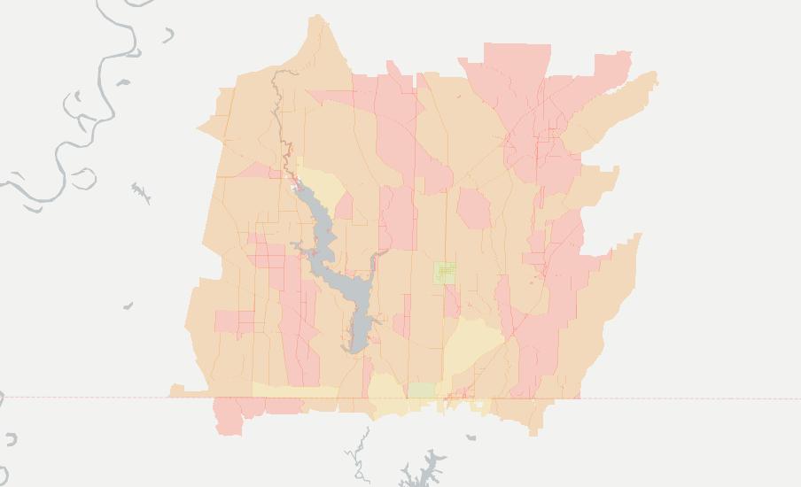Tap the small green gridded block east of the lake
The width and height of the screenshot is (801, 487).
click(445, 273)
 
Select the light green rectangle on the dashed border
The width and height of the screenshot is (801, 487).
click(421, 390)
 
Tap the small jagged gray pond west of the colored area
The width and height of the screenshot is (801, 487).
click(140, 192)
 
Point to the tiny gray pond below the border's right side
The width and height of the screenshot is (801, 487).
click(471, 437)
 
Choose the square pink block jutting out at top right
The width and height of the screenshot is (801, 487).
click(611, 66)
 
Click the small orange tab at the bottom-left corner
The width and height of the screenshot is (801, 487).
click(176, 390)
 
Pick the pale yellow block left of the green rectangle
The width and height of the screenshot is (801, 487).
click(386, 391)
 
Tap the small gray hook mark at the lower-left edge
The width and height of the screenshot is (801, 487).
click(11, 439)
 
